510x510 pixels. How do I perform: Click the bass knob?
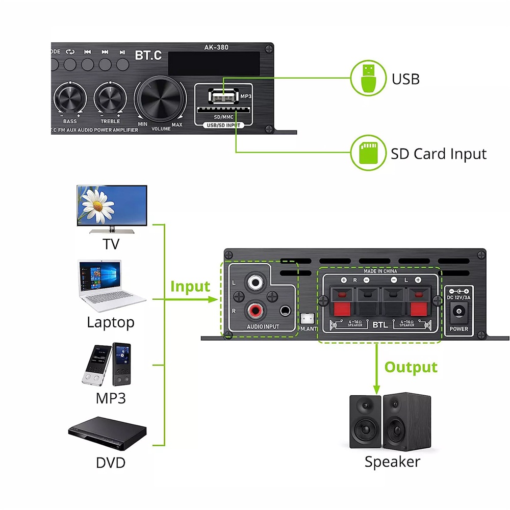click(x=70, y=97)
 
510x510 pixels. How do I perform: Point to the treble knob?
click(x=110, y=97)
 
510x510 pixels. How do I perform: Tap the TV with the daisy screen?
click(x=112, y=207)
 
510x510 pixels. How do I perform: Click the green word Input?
click(x=190, y=287)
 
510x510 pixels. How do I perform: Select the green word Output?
click(x=411, y=367)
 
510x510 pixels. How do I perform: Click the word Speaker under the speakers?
click(x=392, y=462)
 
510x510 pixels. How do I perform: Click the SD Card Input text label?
click(x=439, y=154)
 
